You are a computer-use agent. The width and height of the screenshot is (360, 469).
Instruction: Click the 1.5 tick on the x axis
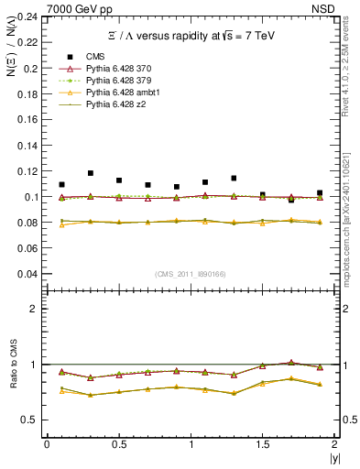263,444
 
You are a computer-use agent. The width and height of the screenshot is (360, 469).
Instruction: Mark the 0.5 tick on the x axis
118,444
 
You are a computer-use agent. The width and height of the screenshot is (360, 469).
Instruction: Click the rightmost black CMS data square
320,193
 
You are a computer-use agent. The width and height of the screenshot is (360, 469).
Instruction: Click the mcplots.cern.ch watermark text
351,229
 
